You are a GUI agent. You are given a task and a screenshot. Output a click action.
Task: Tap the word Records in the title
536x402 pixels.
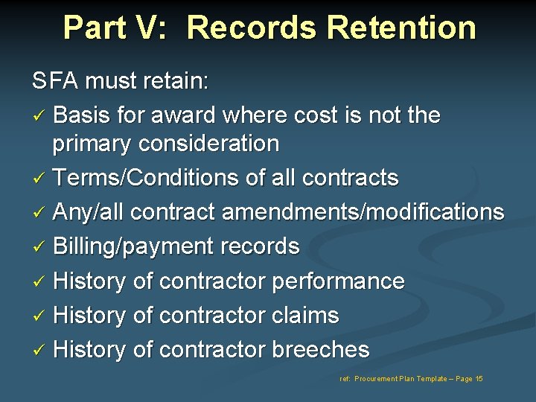click(x=249, y=28)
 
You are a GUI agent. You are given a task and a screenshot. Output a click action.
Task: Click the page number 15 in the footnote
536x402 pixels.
click(x=478, y=379)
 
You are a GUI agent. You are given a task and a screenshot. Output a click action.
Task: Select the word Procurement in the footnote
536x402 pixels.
click(x=377, y=379)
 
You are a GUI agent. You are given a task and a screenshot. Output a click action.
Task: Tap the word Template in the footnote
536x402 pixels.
click(x=430, y=379)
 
